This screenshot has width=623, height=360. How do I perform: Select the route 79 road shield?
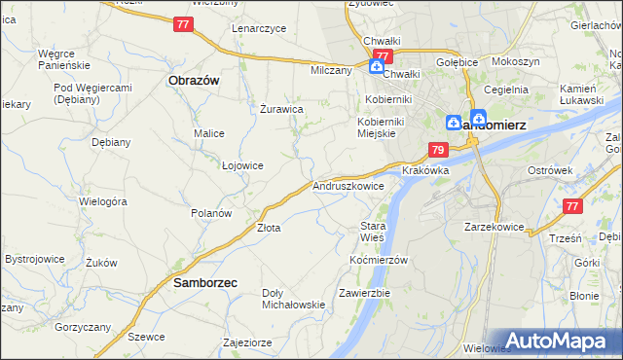pos(438,150)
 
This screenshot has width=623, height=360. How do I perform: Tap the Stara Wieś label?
pos(372,232)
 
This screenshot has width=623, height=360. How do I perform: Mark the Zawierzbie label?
pos(364,292)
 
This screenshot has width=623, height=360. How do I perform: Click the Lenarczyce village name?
pos(259,28)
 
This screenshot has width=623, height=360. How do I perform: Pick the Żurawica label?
pos(281,109)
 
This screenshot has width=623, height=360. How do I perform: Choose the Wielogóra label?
pos(103,202)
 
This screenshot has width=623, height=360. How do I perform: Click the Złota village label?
pos(269,229)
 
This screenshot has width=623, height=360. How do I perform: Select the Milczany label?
pos(331,71)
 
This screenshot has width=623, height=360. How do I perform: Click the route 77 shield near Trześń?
pos(573,206)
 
